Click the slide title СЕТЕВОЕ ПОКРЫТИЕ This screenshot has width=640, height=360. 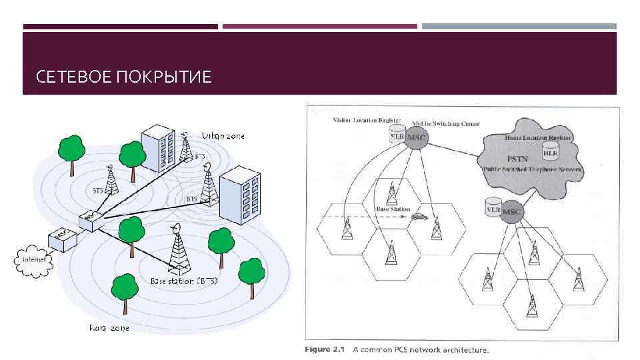pos(124,77)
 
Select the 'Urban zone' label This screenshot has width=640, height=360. pos(223,135)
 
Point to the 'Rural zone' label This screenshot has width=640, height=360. pos(109,328)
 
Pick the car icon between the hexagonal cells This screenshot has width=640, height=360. pos(419,216)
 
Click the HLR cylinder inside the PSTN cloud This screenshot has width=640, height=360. pos(550,150)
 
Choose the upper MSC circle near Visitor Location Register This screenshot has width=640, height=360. pos(417,137)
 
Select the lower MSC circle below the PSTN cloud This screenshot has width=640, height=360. pos(512,211)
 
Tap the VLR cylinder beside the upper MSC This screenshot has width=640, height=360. pos(397,135)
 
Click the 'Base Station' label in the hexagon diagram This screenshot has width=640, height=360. pos(393,209)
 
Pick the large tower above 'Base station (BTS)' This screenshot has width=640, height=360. pos(178,250)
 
